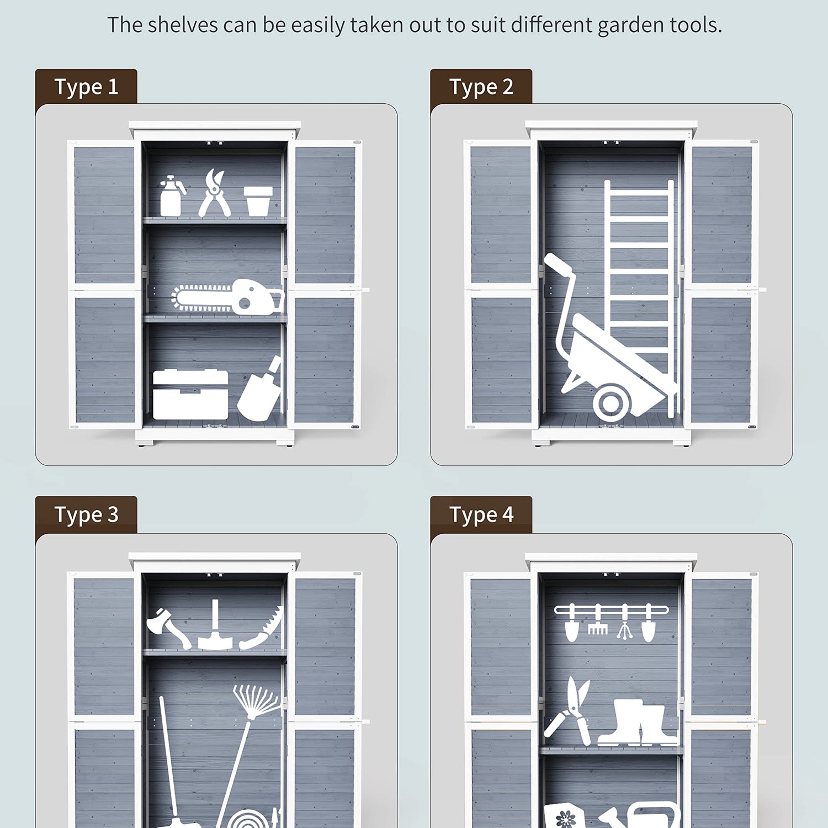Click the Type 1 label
pyautogui.click(x=86, y=87)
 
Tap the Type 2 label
pyautogui.click(x=481, y=87)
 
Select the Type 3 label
pyautogui.click(x=86, y=515)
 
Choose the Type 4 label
pyautogui.click(x=481, y=515)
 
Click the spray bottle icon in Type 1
pyautogui.click(x=171, y=196)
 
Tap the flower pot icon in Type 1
pyautogui.click(x=258, y=201)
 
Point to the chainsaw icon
pyautogui.click(x=227, y=298)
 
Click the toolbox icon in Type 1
pyautogui.click(x=190, y=395)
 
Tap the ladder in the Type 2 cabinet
pyautogui.click(x=639, y=298)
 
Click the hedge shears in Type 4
pyautogui.click(x=569, y=712)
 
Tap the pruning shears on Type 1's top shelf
pyautogui.click(x=214, y=193)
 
